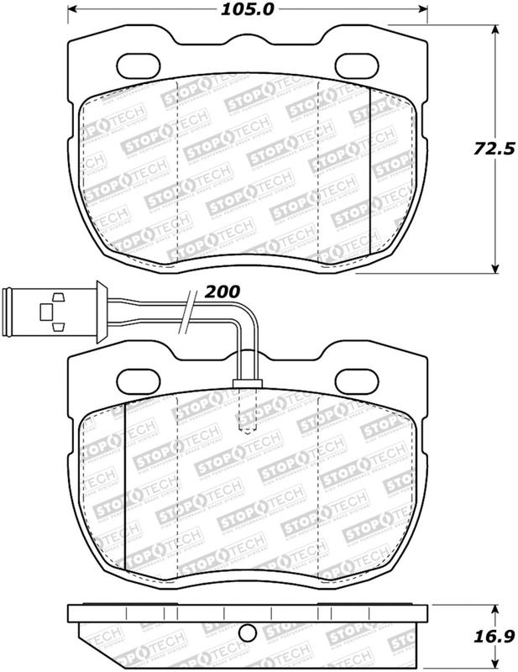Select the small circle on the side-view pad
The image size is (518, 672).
point(246,635)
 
